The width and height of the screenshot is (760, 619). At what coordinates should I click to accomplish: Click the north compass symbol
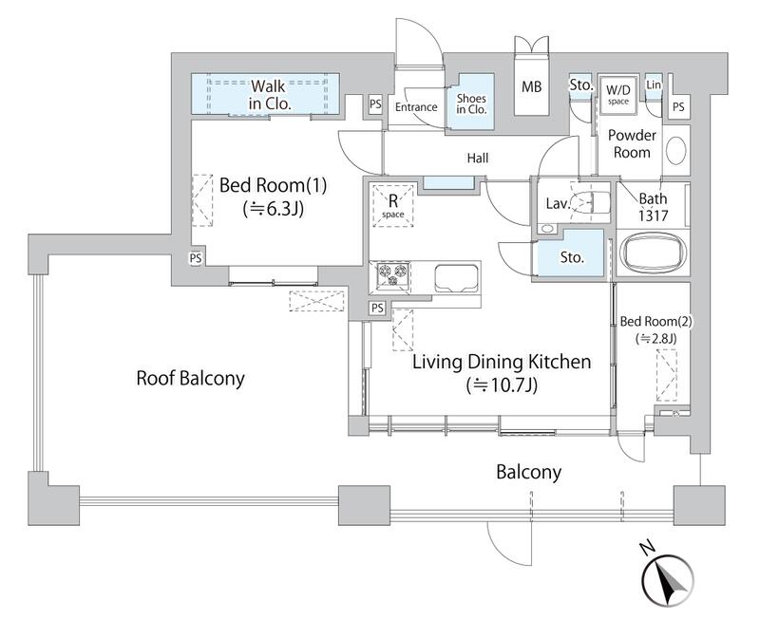(x=668, y=580)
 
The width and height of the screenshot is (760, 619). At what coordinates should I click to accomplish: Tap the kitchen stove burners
(x=393, y=275)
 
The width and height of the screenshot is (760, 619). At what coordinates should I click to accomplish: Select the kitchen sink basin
(x=456, y=278)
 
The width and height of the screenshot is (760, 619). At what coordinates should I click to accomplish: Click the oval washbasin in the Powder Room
(x=676, y=150)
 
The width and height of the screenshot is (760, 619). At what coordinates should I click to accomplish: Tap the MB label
(x=531, y=87)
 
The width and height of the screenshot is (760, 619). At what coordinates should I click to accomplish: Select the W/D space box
(x=618, y=94)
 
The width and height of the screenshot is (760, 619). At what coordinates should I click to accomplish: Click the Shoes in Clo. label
(x=471, y=104)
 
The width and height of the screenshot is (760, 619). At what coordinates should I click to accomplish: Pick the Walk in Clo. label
(x=270, y=95)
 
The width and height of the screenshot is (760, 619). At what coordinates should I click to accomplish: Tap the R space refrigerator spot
(x=392, y=204)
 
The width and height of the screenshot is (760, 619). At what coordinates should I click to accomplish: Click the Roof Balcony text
(x=191, y=378)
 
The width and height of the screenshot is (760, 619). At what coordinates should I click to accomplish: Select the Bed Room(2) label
(x=655, y=321)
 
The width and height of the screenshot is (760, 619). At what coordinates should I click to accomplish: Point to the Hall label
(x=478, y=158)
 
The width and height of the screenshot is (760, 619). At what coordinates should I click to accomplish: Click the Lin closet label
(x=654, y=84)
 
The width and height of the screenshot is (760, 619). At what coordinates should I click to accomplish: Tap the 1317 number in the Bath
(x=653, y=216)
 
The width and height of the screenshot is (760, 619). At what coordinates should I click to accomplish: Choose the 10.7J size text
(x=502, y=386)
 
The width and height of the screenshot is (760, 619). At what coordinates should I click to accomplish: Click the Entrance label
(x=416, y=107)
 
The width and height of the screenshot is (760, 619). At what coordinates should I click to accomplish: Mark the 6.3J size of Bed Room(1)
(x=274, y=209)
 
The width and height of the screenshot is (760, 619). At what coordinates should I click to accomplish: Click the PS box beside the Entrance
(x=375, y=104)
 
